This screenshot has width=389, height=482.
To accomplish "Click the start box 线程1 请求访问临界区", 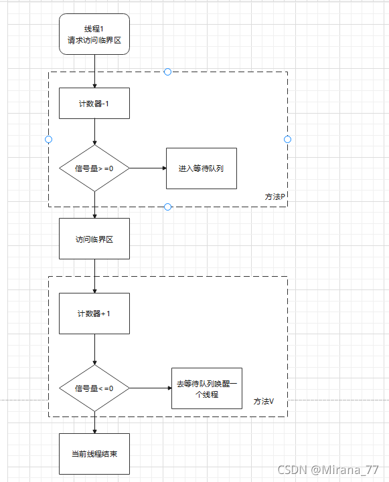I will pos(94,33).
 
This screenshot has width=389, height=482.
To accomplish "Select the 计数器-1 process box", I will pos(94,104).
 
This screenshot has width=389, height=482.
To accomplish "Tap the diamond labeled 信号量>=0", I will pos(94,168).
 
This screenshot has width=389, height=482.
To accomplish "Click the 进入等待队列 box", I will pos(201,168).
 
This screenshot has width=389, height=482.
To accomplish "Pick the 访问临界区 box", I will pos(94,239).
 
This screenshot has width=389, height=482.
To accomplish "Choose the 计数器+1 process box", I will pos(94,314).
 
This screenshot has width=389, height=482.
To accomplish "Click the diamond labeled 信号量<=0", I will pos(94,388).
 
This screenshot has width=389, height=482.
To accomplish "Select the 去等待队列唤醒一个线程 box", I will pos(207,388).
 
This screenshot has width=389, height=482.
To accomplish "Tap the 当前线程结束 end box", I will pos(94,454).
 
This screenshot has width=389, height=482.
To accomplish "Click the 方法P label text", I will pos(275,197).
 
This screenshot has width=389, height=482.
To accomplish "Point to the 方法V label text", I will pos(264,401).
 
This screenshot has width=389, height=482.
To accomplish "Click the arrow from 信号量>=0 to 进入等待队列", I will pos(147,168).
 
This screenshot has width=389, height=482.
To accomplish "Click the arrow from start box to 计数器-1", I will pos(94,71).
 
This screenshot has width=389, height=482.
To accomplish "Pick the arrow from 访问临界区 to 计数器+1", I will pos(94,276).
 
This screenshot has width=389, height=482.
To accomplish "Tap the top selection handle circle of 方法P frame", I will pos(167,72).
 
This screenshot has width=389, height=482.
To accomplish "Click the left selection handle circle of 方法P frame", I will pos(48,139).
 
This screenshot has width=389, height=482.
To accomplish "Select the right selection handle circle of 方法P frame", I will pos(287,139).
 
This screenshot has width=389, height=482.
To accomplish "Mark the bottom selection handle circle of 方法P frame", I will pos(167,207).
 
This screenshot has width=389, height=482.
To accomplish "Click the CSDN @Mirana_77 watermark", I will pos(329,470).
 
